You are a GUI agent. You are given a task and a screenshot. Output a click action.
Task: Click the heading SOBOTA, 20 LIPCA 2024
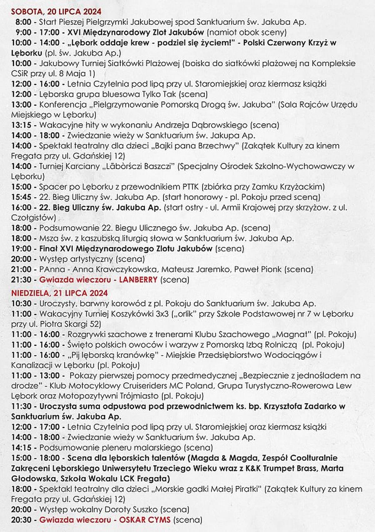point(56,12)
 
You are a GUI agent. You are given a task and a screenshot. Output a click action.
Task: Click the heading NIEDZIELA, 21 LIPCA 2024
point(59,293)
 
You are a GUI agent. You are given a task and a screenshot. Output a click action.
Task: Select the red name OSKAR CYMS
point(145,520)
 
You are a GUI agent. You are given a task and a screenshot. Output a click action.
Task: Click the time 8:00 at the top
point(23,22)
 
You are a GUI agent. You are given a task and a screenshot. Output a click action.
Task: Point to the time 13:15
point(21,125)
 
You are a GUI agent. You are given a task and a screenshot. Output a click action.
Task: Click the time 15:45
point(21,197)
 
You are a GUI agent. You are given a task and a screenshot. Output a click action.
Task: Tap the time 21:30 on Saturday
point(21,280)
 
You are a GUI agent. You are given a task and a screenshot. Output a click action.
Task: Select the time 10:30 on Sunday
point(21,304)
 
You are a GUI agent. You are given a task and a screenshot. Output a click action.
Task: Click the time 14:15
point(21,448)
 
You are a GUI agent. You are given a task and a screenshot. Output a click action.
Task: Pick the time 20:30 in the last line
point(21,520)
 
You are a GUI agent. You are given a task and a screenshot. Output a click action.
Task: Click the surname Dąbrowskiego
point(218,125)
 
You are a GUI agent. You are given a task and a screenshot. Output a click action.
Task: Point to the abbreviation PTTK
point(189,187)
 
